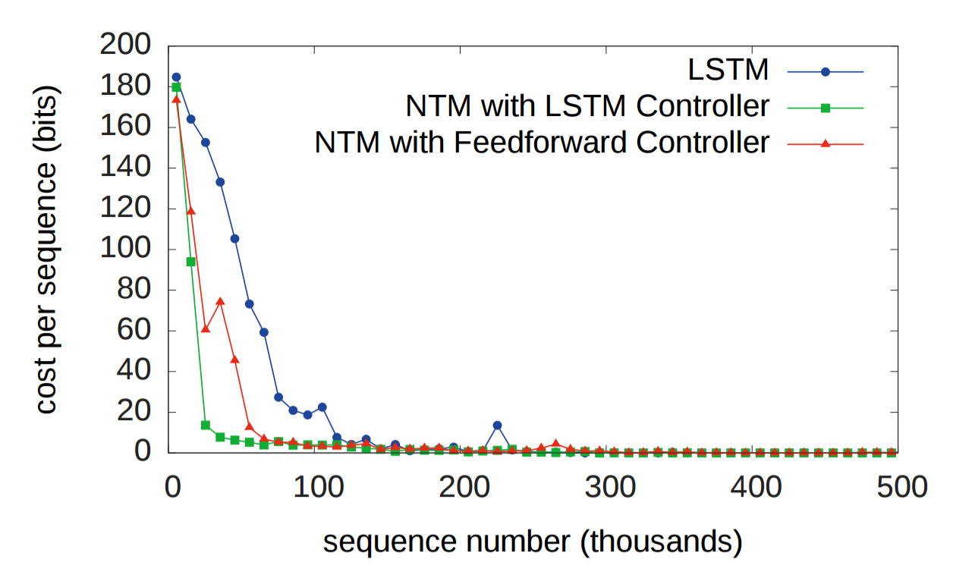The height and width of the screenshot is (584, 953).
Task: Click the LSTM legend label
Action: point(728,71)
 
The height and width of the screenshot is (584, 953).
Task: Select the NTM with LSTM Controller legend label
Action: point(587,107)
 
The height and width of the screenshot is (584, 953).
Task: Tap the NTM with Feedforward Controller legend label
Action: point(542,142)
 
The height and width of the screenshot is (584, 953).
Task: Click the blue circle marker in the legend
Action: point(826,72)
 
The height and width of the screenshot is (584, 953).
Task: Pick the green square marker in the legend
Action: point(826,108)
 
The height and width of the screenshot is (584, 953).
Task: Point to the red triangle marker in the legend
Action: point(826,143)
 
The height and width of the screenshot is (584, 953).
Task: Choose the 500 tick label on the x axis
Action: point(901,485)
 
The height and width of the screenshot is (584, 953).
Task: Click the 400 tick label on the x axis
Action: point(757,485)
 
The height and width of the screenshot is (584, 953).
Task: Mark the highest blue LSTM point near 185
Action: point(177,77)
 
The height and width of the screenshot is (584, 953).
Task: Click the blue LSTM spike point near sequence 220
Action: point(497,425)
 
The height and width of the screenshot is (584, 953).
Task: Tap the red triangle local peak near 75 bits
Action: point(220,301)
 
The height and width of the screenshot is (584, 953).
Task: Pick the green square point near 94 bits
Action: point(191,262)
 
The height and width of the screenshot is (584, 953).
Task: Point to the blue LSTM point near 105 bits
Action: point(235,238)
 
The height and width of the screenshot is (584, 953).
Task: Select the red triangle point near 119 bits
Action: point(191,211)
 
